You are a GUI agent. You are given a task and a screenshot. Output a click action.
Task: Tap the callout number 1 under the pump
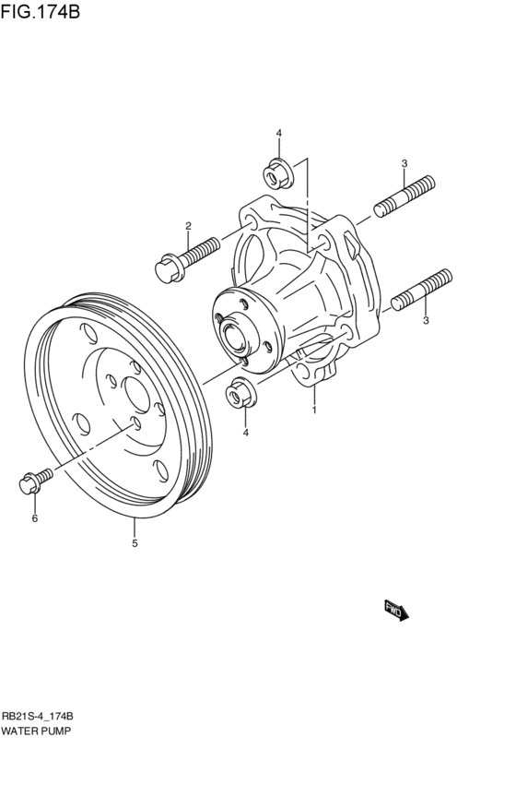[x=314, y=410]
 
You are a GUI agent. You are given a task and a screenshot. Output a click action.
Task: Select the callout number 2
[x=188, y=226]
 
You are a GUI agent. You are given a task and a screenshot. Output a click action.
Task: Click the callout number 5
[x=135, y=544]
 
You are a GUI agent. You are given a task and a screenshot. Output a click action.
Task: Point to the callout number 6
[x=35, y=519]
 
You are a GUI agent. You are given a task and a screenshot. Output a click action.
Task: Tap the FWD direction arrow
[x=395, y=611]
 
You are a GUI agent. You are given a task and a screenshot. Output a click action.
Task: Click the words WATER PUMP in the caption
[x=36, y=730]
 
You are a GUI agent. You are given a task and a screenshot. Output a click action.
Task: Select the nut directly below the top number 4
[x=277, y=172]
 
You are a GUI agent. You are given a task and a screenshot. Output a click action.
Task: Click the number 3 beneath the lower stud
[x=426, y=321]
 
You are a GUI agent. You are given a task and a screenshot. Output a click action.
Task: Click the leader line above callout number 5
[x=135, y=529]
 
